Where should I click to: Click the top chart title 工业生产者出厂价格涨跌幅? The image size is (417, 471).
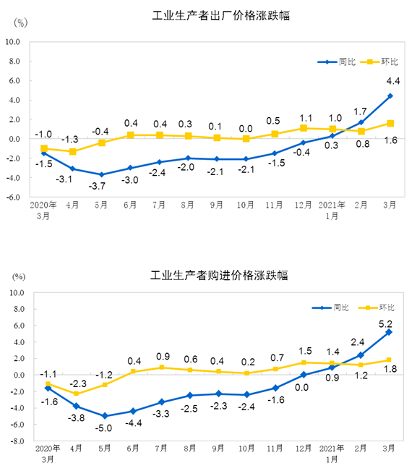[x=221, y=16]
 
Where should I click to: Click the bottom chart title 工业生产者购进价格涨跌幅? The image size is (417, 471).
[x=219, y=275]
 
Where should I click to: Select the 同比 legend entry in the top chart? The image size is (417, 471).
[x=336, y=62]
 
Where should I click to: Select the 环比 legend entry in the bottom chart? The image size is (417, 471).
[x=377, y=307]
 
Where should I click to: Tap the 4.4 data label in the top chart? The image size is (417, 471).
[x=393, y=81]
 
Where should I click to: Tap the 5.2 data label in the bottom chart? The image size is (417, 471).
[x=385, y=324]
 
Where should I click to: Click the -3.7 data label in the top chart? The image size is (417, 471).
[x=97, y=186]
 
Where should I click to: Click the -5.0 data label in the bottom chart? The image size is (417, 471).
[x=103, y=428]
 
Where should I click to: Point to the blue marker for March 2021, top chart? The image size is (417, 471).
[x=390, y=96]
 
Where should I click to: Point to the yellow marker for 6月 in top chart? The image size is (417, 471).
[x=130, y=135]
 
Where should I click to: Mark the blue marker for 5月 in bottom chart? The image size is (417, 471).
[x=105, y=416]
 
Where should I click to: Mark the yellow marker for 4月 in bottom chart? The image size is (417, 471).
[x=76, y=394]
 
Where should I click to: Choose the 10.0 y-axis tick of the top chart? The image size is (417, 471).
[x=12, y=42]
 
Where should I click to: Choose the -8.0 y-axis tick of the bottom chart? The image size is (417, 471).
[x=17, y=441]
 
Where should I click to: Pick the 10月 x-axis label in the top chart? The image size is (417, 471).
[x=246, y=205]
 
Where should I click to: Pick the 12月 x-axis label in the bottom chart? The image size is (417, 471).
[x=304, y=449]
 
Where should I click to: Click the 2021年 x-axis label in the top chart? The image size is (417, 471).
[x=332, y=205]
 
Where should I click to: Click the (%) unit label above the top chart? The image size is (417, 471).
[x=21, y=22]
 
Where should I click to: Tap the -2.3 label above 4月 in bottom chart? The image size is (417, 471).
[x=78, y=383]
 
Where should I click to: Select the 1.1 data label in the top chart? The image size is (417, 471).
[x=306, y=118]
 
